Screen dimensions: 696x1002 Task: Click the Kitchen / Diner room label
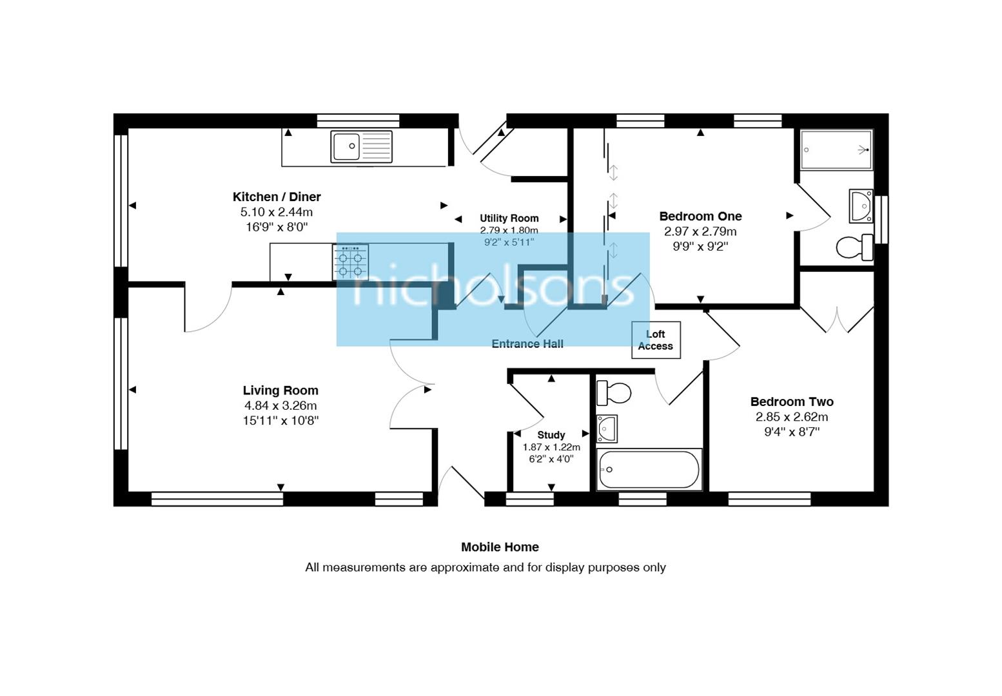(277, 197)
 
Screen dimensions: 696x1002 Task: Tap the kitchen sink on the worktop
(361, 146)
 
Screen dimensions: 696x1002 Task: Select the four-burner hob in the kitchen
(350, 262)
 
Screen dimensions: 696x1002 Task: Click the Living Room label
(280, 390)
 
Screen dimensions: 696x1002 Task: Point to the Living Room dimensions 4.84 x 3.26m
(280, 405)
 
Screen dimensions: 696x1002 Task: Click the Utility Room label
(509, 218)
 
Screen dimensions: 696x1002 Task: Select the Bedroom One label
(700, 216)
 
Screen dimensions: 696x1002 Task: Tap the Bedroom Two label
(792, 401)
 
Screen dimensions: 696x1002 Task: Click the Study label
(551, 435)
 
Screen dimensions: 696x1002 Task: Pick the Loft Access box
(656, 340)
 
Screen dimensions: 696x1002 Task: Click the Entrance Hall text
(527, 343)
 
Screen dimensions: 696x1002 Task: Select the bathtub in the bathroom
(649, 469)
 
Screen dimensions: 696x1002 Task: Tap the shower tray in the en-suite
(836, 150)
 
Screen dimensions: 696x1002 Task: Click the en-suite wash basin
(861, 206)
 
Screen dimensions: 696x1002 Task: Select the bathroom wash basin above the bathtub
(607, 429)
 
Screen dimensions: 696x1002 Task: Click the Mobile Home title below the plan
(500, 547)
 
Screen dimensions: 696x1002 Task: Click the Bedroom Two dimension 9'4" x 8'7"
(792, 432)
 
